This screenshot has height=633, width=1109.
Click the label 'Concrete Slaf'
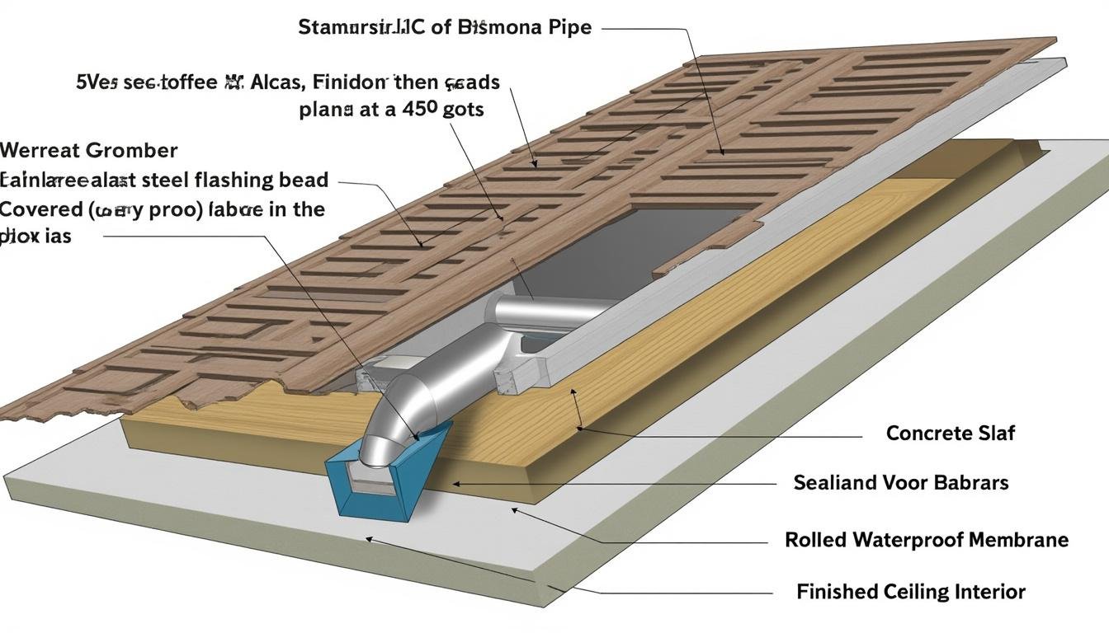pyautogui.click(x=950, y=433)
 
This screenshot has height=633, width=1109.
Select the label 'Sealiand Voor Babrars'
pyautogui.click(x=900, y=482)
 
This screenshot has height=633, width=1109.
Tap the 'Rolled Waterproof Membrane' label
pyautogui.click(x=927, y=540)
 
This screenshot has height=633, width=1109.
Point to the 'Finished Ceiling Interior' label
pyautogui.click(x=911, y=591)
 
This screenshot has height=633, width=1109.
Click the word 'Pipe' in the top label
pyautogui.click(x=569, y=26)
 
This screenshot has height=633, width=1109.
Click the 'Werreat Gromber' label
pyautogui.click(x=88, y=150)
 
